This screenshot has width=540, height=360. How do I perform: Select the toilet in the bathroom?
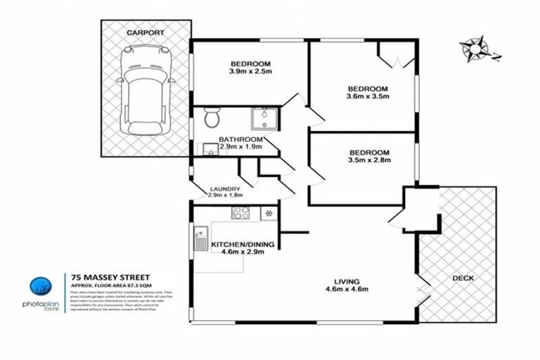pos(212,120)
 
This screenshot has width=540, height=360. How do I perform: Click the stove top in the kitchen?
pos(236,212)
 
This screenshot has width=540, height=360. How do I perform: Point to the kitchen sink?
pos(201,237)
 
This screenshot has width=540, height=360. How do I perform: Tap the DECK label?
pos(463,278)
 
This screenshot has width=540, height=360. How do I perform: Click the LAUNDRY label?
pos(226,189)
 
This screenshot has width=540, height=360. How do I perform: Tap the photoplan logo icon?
pos(40,288)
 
